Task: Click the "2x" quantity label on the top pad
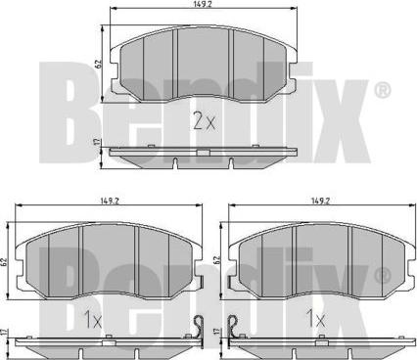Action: point(203,121)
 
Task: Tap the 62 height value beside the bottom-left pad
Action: point(7,262)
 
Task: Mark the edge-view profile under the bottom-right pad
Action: point(320,344)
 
